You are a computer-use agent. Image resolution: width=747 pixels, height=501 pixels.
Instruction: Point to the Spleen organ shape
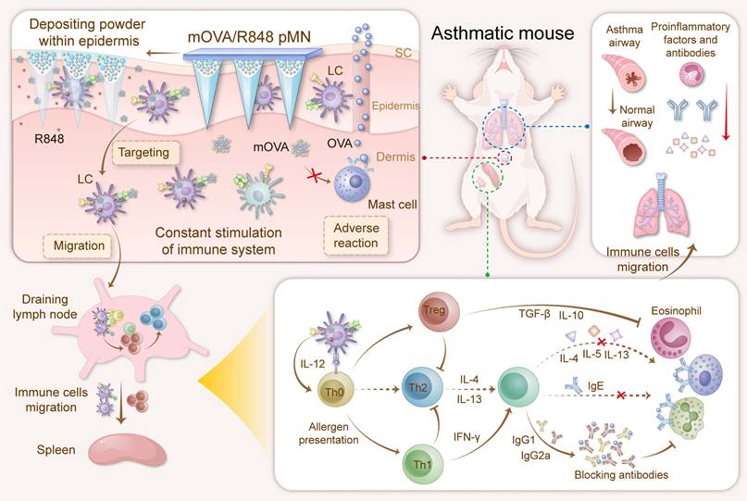point(127,453)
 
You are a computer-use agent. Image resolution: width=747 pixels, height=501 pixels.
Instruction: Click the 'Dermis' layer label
point(393,159)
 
